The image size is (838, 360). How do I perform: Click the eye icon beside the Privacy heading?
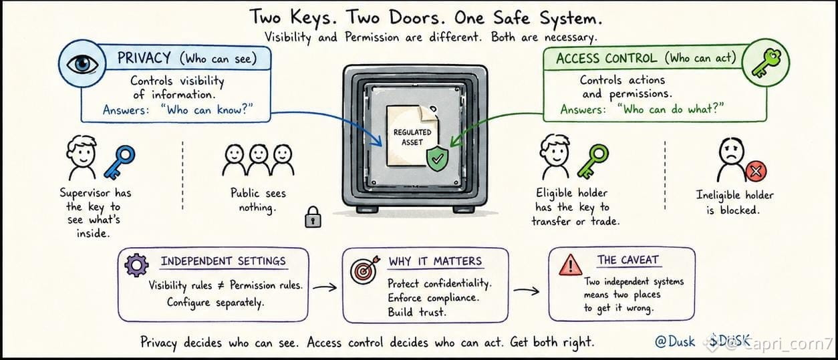coord(82,63)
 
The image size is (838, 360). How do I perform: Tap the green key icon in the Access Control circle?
coord(766,63)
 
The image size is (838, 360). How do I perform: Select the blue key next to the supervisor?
coord(120,162)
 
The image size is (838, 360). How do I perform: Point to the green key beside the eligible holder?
coord(593,161)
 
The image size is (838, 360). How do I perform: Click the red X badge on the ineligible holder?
coord(756,172)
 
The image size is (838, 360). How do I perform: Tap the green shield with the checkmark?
coord(437,158)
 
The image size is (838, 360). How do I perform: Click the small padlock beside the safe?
coord(313,217)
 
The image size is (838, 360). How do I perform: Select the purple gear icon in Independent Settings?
coord(136,265)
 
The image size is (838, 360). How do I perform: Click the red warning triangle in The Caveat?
coord(570,265)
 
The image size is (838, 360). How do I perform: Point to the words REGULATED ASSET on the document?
coord(412,137)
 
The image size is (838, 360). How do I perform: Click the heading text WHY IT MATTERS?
coord(435,261)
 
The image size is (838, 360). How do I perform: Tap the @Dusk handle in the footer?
coord(675,341)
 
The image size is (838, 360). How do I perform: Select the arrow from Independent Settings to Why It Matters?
coord(325,287)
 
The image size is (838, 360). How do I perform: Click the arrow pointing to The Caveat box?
coord(527,291)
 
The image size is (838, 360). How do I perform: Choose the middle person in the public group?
coord(259,160)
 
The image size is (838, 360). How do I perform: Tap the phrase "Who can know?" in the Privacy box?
coord(207,110)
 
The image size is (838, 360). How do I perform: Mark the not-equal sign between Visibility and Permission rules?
coord(221,285)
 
